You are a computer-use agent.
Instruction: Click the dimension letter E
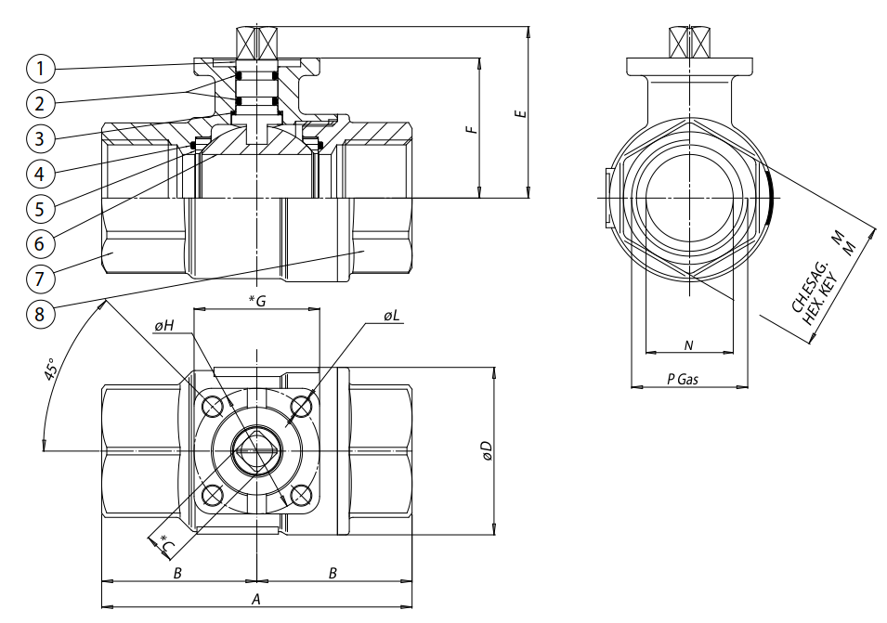tap(521, 112)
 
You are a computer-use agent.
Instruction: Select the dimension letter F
tap(472, 129)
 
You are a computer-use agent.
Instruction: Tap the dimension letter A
tap(255, 599)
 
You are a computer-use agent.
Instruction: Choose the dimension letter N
tap(688, 345)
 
